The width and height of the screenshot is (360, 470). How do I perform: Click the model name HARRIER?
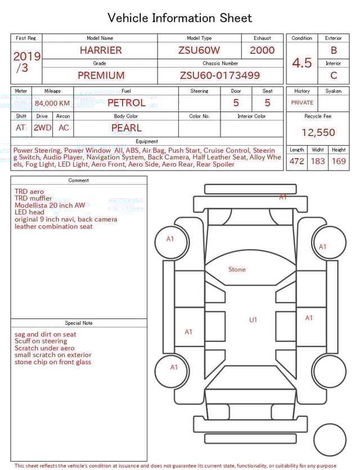[x=100, y=50]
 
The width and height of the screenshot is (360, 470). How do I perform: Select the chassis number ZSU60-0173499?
[x=220, y=75]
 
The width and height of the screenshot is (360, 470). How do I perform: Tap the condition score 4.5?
[x=302, y=63]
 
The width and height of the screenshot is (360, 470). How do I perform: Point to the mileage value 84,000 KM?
[x=52, y=104]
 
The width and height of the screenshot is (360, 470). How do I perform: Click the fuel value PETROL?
[x=126, y=103]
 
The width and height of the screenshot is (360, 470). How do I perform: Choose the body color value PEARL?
[x=126, y=128]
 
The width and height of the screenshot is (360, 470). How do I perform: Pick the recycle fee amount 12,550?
[x=318, y=133]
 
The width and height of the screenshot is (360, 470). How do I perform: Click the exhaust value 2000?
[x=262, y=50]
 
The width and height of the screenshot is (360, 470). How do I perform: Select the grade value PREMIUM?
[x=101, y=75]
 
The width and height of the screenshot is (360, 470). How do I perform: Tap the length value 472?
[x=296, y=162]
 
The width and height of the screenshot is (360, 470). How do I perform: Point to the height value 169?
[x=339, y=162]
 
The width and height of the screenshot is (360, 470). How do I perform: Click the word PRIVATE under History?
[x=302, y=103]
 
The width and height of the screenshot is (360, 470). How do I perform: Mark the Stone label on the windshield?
[x=237, y=270]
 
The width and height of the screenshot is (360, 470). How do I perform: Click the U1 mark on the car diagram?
[x=253, y=320]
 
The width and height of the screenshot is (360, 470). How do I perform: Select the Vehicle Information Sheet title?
[x=180, y=18]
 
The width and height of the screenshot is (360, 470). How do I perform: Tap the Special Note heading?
[x=79, y=323]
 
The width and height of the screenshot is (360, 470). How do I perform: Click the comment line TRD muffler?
[x=33, y=198]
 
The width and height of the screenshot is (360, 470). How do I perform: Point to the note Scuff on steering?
[x=40, y=341]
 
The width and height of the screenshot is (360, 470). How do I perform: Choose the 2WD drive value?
[x=42, y=128]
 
